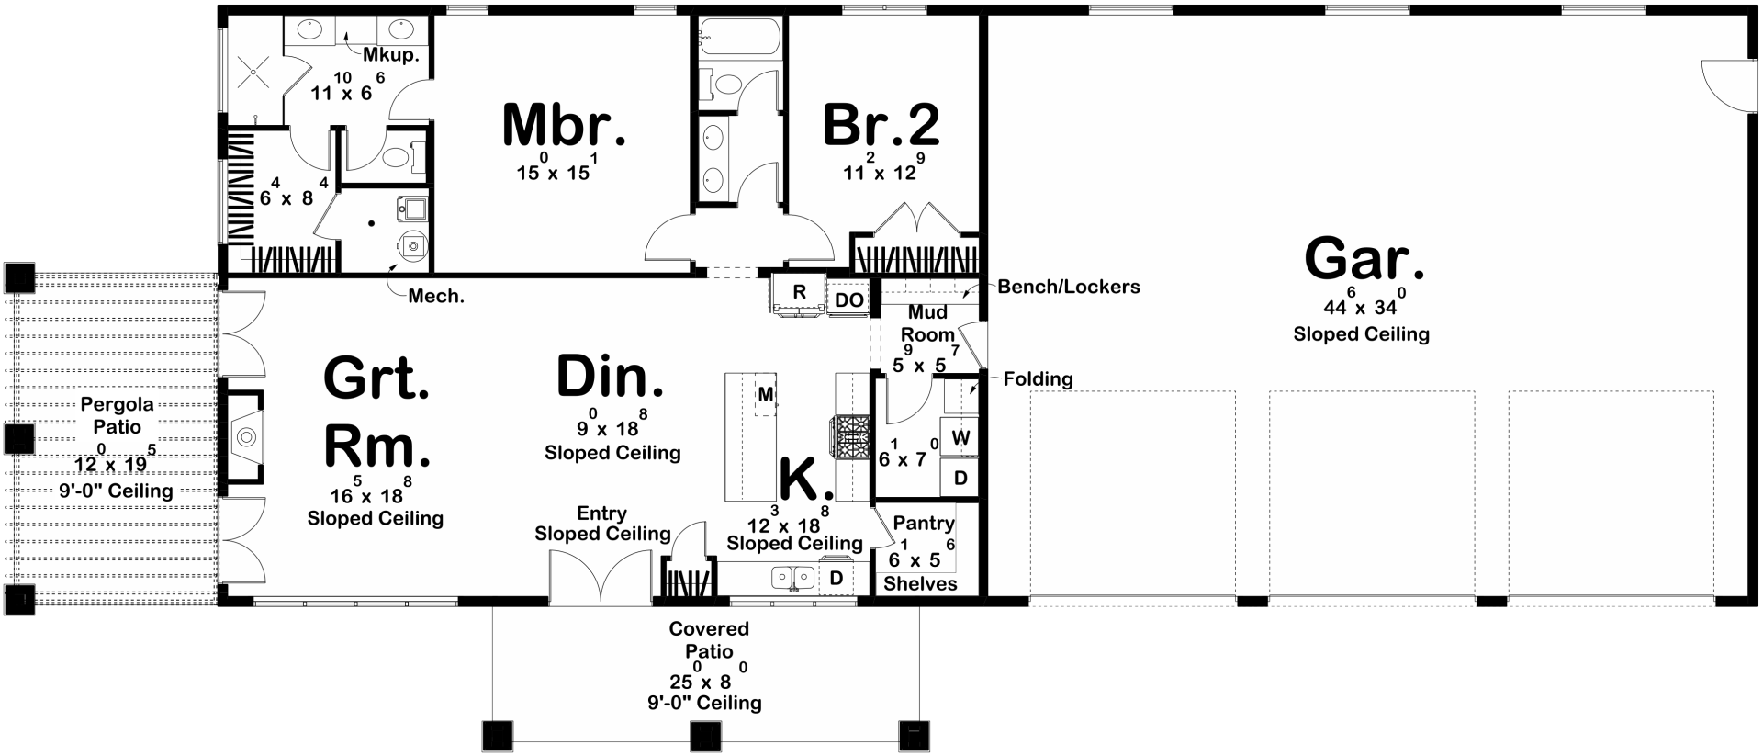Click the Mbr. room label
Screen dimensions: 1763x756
click(x=564, y=126)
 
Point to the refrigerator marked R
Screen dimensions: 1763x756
click(x=799, y=293)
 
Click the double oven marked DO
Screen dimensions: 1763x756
click(x=849, y=299)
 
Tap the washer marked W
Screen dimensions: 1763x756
click(x=960, y=437)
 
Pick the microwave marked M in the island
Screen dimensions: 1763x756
click(x=765, y=395)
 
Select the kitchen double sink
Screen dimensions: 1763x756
click(x=793, y=578)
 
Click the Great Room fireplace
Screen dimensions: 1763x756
click(x=243, y=437)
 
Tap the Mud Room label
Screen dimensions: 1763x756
click(x=927, y=323)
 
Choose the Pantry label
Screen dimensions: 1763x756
click(x=924, y=523)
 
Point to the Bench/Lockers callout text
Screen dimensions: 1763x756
click(x=1069, y=287)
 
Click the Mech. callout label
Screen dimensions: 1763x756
click(x=436, y=296)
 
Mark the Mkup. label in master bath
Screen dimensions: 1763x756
click(x=391, y=55)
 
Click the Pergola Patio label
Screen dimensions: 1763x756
click(x=118, y=415)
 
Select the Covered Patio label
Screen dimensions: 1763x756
click(x=709, y=640)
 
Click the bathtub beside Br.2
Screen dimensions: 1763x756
click(x=739, y=38)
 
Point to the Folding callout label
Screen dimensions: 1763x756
click(x=1038, y=378)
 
